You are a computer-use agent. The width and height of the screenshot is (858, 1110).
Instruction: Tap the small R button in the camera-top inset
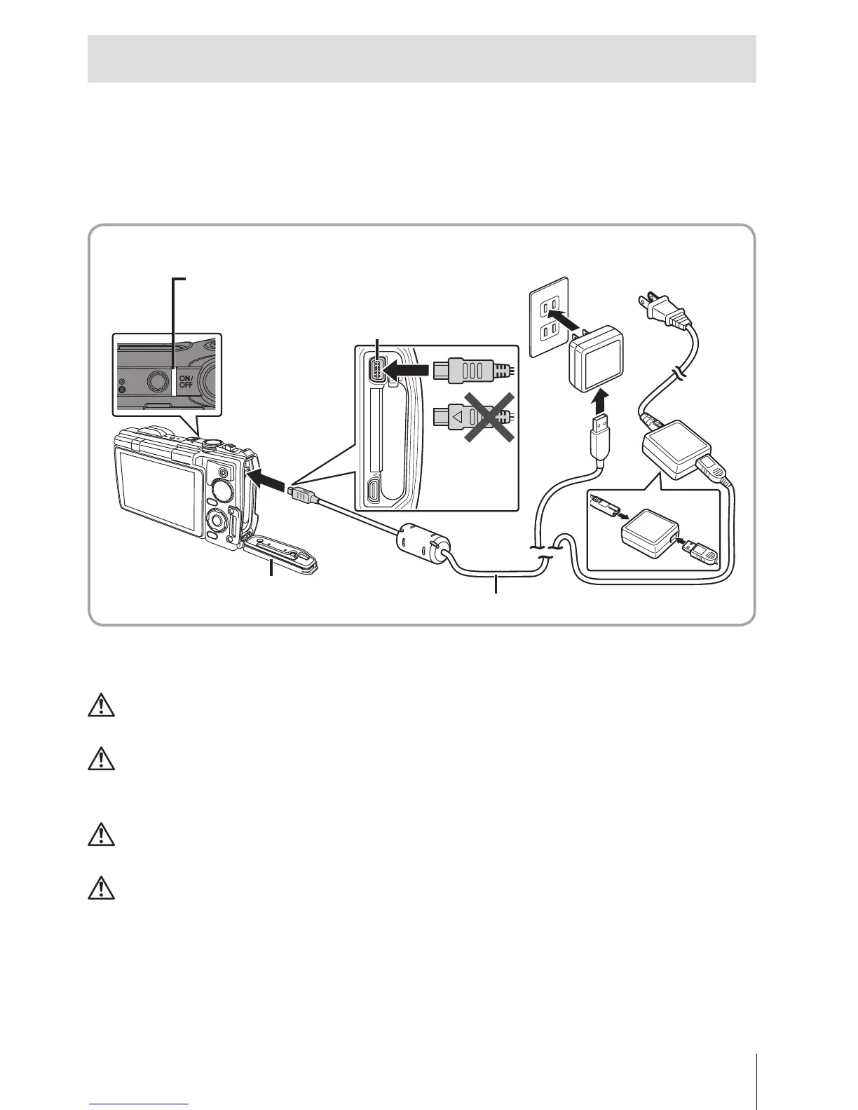[x=122, y=389]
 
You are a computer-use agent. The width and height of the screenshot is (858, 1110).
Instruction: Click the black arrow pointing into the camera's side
[x=268, y=480]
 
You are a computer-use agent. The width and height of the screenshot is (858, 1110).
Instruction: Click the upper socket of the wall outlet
[x=551, y=304]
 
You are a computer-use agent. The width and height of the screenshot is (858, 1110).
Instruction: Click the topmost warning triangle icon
[x=102, y=705]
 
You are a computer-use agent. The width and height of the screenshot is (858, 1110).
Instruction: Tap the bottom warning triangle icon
[x=102, y=888]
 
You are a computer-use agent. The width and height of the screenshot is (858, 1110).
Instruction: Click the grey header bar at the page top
[x=421, y=59]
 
